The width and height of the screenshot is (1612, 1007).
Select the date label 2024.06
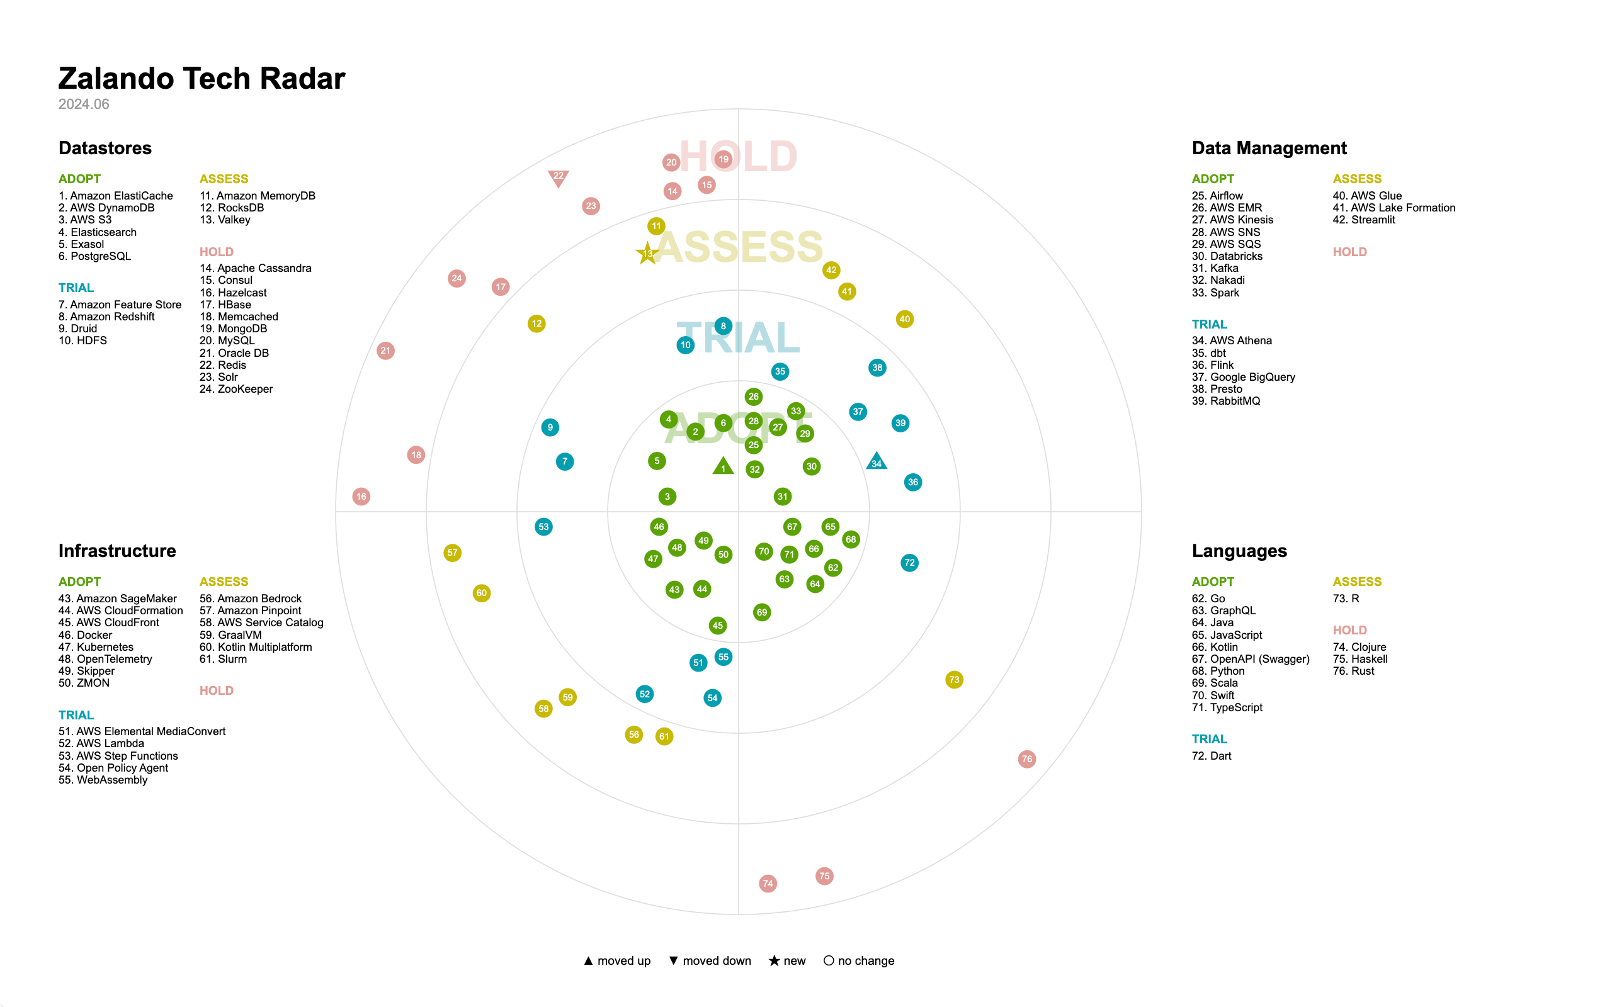pos(83,104)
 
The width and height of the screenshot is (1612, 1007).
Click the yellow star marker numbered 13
pos(647,253)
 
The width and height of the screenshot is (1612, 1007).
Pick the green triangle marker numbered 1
pos(723,467)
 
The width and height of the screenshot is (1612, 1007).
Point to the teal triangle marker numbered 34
pos(877,461)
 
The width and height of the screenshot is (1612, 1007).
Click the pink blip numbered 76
pos(1026,758)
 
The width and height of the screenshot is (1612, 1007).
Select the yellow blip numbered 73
pos(954,679)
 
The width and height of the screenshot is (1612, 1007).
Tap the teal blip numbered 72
pos(909,563)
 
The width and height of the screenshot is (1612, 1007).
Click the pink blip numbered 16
pos(361,496)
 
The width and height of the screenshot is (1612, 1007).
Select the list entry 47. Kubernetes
pos(96,647)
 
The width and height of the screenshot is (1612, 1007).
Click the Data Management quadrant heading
pos(1268,148)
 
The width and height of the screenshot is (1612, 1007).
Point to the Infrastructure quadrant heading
pos(117,551)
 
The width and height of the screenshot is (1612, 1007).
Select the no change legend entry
pos(859,960)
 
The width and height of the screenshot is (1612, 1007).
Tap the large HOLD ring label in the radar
pos(738,157)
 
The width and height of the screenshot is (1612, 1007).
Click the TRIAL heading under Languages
pos(1209,739)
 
